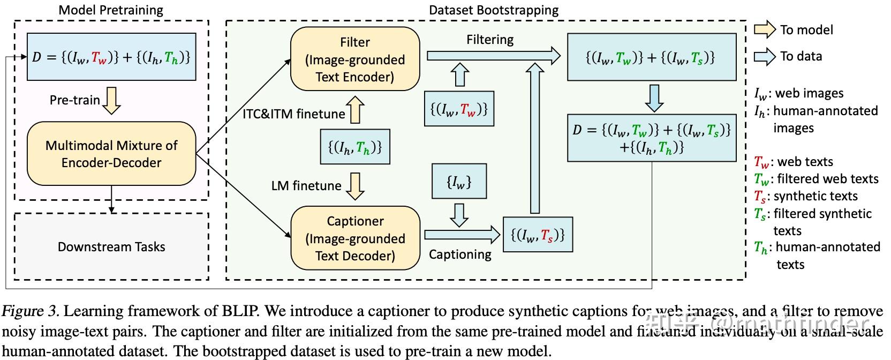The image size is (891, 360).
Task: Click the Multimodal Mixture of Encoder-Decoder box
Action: [111, 154]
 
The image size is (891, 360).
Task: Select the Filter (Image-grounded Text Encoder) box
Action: [355, 59]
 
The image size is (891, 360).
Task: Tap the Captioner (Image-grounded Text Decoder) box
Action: [355, 238]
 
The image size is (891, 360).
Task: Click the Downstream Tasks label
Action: [111, 247]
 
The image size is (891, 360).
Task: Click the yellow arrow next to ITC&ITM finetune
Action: [356, 110]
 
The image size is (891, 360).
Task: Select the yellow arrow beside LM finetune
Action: [355, 185]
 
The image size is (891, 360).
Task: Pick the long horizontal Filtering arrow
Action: [493, 55]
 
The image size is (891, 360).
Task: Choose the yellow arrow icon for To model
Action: [765, 29]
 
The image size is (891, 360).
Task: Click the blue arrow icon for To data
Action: [765, 56]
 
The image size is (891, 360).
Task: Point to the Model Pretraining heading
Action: [111, 10]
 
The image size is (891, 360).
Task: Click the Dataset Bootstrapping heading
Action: [493, 10]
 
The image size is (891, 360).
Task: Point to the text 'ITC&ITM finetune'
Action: [293, 114]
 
